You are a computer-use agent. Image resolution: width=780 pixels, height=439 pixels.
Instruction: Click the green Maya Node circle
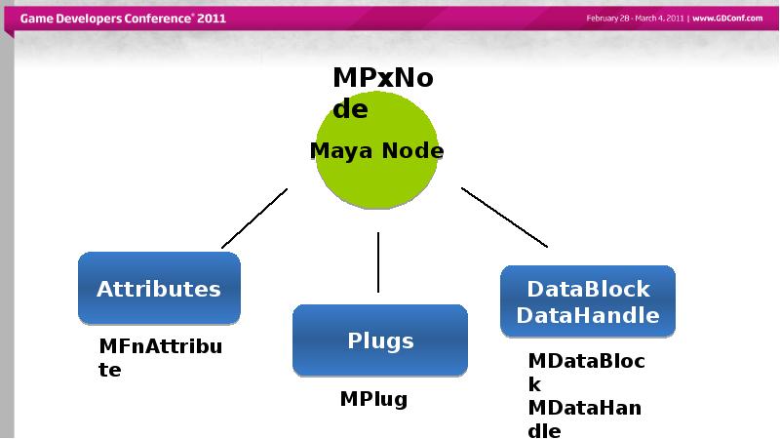coord(376,150)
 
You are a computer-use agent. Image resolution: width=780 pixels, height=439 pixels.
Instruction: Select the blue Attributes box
coord(159,288)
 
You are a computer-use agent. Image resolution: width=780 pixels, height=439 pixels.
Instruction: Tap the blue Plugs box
coord(380,340)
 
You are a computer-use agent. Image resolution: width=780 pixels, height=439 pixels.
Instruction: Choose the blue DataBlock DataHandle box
coord(588,301)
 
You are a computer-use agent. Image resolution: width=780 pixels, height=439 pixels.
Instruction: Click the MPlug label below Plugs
coord(373,399)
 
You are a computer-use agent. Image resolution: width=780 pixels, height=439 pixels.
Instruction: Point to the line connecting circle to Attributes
coord(254,218)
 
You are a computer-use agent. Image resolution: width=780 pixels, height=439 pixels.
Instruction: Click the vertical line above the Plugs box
coord(378,262)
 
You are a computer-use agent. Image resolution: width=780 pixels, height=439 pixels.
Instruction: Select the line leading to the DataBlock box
coord(504,218)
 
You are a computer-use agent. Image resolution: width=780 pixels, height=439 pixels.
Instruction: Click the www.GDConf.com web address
coord(727,19)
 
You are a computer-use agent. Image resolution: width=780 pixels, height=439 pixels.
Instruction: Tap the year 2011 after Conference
coord(212,19)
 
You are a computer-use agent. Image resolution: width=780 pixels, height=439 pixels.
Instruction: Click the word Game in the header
coord(36,19)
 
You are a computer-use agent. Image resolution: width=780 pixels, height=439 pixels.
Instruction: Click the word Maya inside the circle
coord(341,151)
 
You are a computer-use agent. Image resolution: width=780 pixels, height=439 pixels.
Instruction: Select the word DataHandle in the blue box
coord(588,315)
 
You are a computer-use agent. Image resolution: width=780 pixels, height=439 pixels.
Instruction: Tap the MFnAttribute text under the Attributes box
coord(161,358)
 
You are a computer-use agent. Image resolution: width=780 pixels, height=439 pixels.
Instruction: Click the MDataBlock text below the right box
coord(587,373)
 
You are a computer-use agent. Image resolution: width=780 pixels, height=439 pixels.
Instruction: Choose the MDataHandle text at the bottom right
coord(584,419)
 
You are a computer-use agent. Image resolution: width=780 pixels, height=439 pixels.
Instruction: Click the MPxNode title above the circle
coord(383,93)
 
